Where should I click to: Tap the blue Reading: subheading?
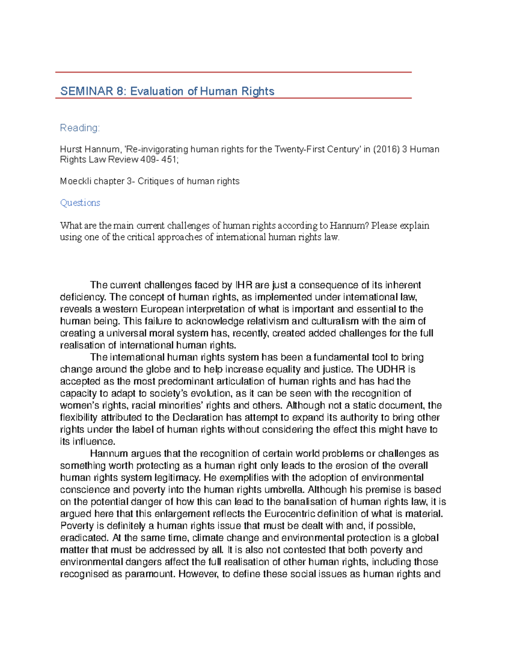pos(80,128)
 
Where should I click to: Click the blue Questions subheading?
pos(80,203)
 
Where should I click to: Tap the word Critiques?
pos(155,181)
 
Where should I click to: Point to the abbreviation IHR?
pos(243,285)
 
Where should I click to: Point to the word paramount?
pos(149,574)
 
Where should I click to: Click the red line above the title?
pos(233,72)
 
